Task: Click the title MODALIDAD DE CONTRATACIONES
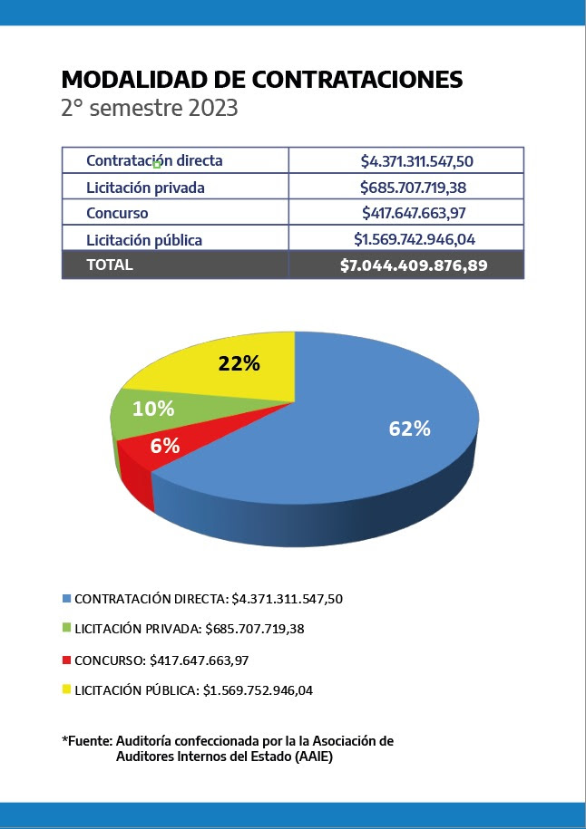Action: pyautogui.click(x=261, y=80)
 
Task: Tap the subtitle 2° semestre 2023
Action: pyautogui.click(x=149, y=109)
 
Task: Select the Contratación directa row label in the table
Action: pyautogui.click(x=154, y=160)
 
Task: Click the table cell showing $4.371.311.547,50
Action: pyautogui.click(x=417, y=161)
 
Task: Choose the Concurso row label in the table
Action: pyautogui.click(x=117, y=214)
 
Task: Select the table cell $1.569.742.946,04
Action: pyautogui.click(x=415, y=240)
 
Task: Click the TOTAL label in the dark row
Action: pyautogui.click(x=109, y=265)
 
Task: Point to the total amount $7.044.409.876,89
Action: pyautogui.click(x=414, y=265)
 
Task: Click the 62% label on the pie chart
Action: pyautogui.click(x=410, y=429)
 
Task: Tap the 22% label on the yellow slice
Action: pyautogui.click(x=239, y=364)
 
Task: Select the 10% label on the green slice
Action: pyautogui.click(x=153, y=409)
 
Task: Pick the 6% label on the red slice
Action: pyautogui.click(x=164, y=446)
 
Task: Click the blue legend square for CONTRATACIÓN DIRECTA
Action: pyautogui.click(x=66, y=599)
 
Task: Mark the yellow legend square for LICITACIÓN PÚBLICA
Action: pyautogui.click(x=66, y=689)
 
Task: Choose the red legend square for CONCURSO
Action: pyautogui.click(x=66, y=660)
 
